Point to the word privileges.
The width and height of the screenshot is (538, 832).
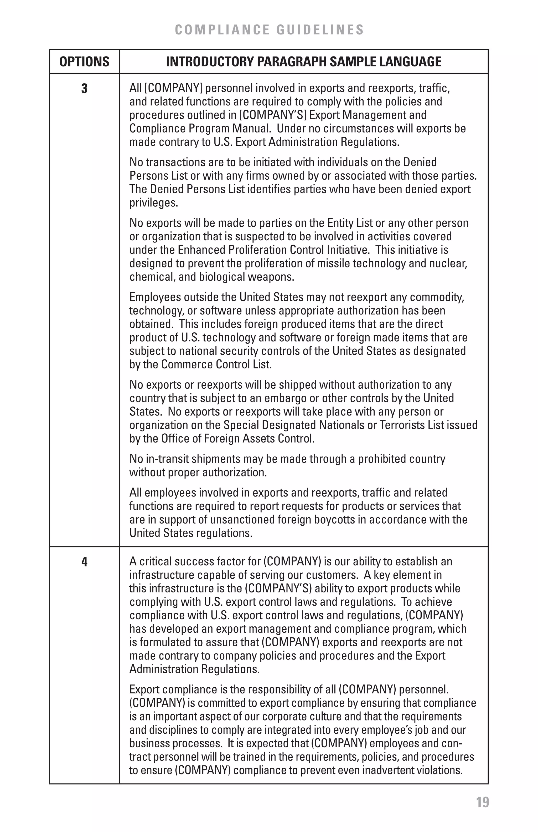(x=154, y=203)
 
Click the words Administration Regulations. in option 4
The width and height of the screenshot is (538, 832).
(x=194, y=669)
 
